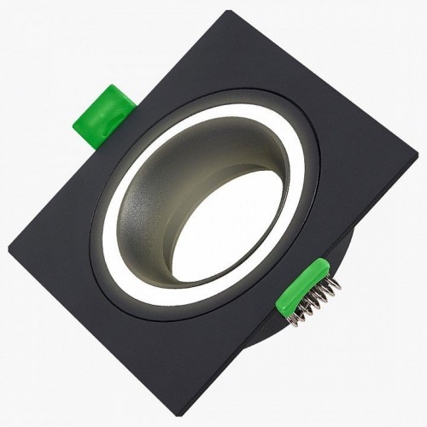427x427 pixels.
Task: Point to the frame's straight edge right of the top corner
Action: tap(325, 94)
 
